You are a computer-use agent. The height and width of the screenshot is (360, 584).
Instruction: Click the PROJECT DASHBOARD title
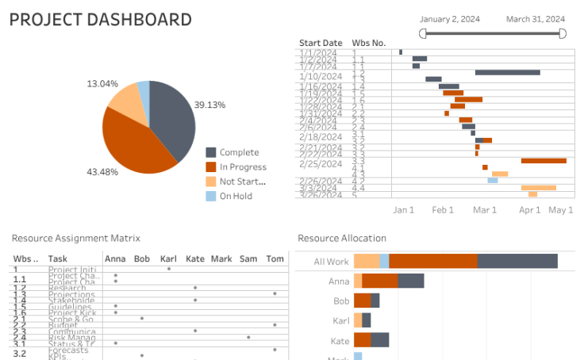click(100, 20)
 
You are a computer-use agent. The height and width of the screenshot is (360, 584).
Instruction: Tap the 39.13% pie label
click(210, 105)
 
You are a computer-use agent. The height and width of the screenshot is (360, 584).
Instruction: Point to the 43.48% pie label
click(103, 172)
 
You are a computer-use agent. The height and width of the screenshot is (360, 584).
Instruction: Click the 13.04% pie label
click(102, 83)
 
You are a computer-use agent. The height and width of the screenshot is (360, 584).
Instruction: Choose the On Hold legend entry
click(236, 196)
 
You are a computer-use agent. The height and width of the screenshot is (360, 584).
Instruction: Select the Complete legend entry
click(239, 152)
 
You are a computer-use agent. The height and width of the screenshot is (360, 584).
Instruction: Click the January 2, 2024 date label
click(450, 19)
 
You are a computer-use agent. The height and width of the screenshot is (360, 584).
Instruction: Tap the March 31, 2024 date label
click(536, 19)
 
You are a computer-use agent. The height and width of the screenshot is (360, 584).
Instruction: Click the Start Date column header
click(321, 43)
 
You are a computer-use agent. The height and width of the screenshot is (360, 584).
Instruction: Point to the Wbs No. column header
click(368, 43)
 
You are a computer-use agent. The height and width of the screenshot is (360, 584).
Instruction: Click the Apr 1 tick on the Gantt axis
click(529, 210)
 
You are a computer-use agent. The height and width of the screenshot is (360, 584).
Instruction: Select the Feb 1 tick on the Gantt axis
click(443, 210)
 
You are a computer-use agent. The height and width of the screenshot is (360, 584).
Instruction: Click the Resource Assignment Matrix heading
click(75, 238)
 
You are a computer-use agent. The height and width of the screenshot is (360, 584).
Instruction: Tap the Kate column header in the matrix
click(195, 259)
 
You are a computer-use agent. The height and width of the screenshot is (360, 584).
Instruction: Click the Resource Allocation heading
click(342, 238)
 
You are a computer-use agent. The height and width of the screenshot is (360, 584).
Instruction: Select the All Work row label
click(331, 262)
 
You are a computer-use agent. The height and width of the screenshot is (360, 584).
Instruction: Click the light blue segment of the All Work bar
click(384, 261)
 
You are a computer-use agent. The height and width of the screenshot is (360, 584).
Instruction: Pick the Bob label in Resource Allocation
click(341, 301)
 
